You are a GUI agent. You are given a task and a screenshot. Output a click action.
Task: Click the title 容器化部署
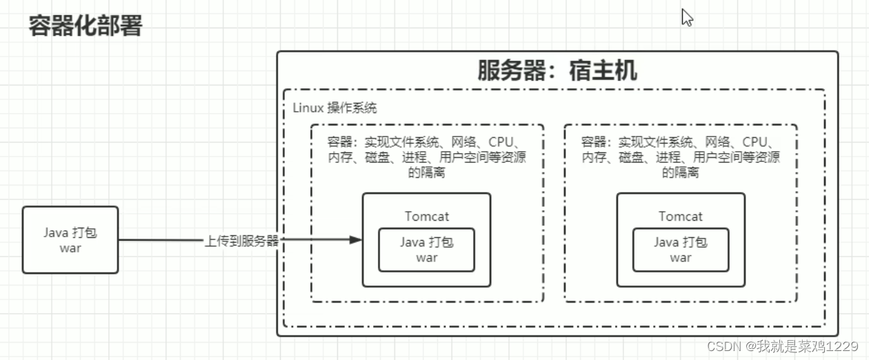pyautogui.click(x=86, y=26)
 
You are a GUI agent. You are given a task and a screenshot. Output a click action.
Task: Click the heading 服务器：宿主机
pyautogui.click(x=557, y=70)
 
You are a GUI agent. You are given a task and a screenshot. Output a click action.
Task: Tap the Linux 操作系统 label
pyautogui.click(x=334, y=108)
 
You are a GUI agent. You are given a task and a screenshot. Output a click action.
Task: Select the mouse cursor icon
pyautogui.click(x=686, y=17)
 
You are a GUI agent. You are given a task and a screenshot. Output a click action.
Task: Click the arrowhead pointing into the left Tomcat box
pyautogui.click(x=355, y=240)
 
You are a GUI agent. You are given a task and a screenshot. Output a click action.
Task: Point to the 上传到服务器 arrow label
pyautogui.click(x=241, y=241)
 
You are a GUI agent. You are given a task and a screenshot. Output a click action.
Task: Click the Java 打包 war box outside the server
pyautogui.click(x=70, y=239)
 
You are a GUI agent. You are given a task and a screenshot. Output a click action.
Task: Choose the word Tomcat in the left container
pyautogui.click(x=426, y=216)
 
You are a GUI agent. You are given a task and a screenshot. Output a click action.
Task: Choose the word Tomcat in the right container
pyautogui.click(x=680, y=216)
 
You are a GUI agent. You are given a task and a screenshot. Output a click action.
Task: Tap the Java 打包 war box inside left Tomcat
pyautogui.click(x=426, y=249)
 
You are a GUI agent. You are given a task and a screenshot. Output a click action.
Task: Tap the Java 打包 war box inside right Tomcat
pyautogui.click(x=680, y=249)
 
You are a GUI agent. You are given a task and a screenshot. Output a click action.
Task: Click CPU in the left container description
pyautogui.click(x=501, y=142)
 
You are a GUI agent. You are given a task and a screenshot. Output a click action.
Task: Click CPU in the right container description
pyautogui.click(x=755, y=142)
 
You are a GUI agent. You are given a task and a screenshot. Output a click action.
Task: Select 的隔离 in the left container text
pyautogui.click(x=426, y=172)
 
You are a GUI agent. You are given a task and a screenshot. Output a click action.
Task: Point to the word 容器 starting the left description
pyautogui.click(x=340, y=142)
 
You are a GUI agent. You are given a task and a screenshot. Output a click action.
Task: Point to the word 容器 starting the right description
pyautogui.click(x=594, y=142)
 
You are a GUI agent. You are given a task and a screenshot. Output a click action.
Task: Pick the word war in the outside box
pyautogui.click(x=70, y=248)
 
